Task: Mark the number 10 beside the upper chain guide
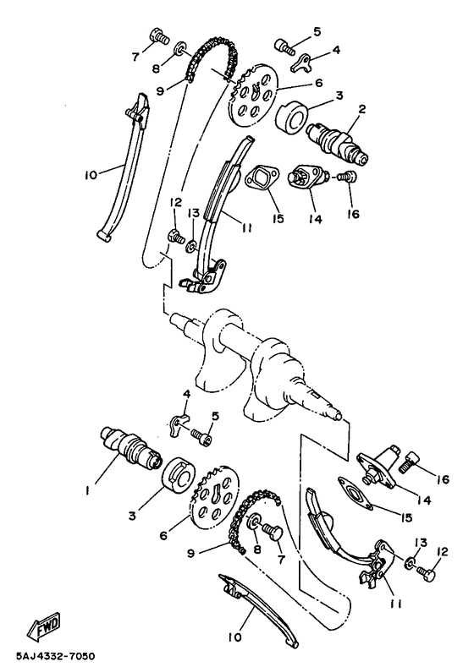(x=91, y=177)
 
